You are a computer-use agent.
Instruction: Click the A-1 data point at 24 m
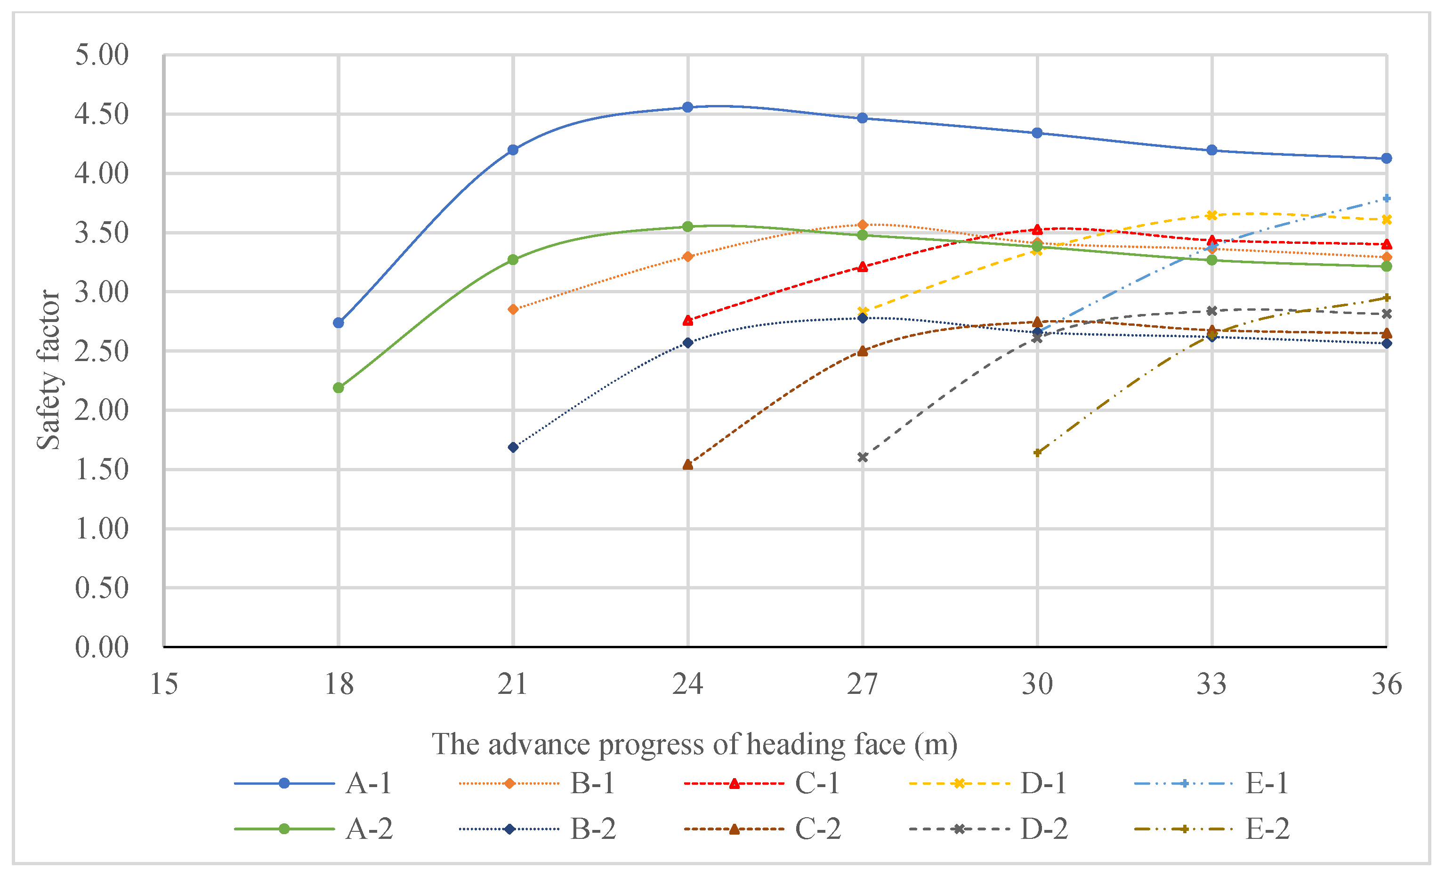coord(688,107)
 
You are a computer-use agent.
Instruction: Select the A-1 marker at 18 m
coord(339,323)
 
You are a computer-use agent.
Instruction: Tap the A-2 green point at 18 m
coord(339,388)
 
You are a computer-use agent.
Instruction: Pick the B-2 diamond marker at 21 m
coord(513,447)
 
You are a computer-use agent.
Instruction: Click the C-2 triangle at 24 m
coord(688,465)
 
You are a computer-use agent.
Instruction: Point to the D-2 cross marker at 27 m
coord(863,457)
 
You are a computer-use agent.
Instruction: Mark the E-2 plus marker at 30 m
coord(1037,452)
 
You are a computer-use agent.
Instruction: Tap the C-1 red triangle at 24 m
coord(688,321)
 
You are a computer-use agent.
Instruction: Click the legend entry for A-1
coord(368,783)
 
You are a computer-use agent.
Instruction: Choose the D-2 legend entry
coord(1044,829)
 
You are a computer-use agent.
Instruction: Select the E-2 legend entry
coord(1267,829)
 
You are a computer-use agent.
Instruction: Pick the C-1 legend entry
coord(817,783)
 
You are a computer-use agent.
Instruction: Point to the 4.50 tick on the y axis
coord(101,114)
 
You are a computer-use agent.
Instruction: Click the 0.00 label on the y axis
coord(101,647)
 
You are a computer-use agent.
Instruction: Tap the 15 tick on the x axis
coord(164,684)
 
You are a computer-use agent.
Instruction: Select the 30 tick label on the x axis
coord(1037,684)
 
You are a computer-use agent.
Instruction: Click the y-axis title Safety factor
coord(48,370)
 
